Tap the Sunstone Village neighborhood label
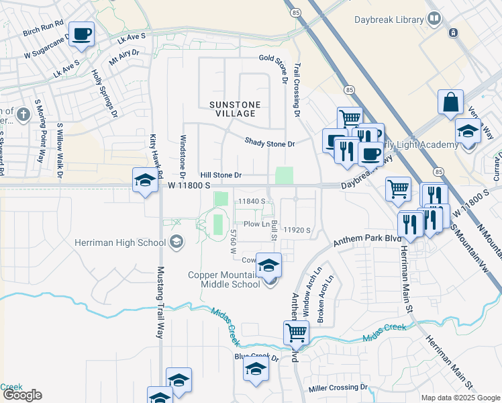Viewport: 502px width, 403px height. click(x=232, y=109)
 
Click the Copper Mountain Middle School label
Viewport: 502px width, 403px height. click(x=223, y=279)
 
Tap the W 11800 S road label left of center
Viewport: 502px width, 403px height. click(x=189, y=185)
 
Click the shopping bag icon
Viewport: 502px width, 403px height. click(x=451, y=102)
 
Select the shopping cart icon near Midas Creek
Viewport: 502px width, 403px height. click(x=296, y=332)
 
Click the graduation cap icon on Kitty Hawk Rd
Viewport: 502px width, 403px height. click(x=144, y=180)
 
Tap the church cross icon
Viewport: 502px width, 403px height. click(x=23, y=114)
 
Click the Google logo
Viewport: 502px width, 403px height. click(x=21, y=395)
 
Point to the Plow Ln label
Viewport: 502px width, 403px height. click(x=256, y=224)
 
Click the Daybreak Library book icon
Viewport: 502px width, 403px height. click(x=434, y=18)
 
